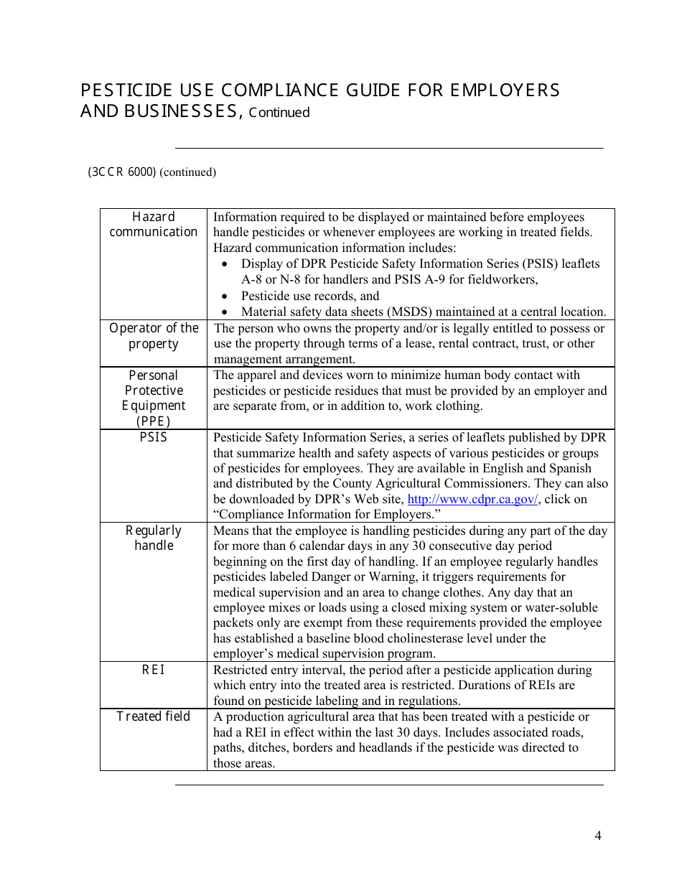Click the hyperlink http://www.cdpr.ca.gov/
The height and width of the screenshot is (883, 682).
472,500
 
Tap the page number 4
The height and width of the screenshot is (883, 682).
598,835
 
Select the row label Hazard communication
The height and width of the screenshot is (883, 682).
154,225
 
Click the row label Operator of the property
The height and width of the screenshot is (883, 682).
154,336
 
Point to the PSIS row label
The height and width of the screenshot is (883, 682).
154,437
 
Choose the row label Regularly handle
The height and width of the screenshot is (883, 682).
154,538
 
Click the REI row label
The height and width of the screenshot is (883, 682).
154,669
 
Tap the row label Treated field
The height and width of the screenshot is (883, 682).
154,716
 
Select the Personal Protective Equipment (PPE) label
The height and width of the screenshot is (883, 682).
154,398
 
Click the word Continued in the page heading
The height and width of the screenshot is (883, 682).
279,113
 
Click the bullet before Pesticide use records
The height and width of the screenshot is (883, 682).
225,296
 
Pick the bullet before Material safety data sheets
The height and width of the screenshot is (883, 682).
225,312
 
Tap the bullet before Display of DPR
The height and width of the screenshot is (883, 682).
225,264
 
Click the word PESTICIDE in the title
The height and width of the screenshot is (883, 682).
126,90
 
